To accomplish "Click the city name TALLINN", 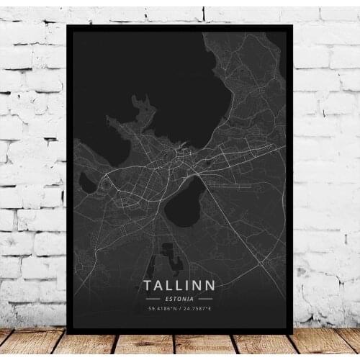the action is click(179, 286).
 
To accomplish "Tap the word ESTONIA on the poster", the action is click(179, 298).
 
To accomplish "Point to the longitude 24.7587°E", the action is click(197, 310).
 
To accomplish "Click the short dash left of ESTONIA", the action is click(152, 298).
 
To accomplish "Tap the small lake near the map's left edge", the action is click(87, 183).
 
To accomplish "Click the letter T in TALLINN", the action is click(148, 286).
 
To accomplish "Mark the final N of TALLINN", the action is click(209, 286).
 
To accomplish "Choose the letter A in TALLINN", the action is click(159, 286).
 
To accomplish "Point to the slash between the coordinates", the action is click(179, 310).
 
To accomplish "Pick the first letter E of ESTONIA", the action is click(166, 298).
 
